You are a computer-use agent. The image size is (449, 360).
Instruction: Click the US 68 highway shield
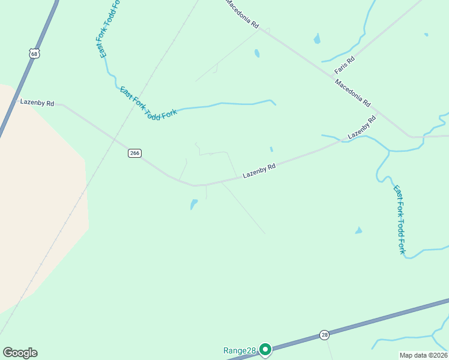click(x=34, y=54)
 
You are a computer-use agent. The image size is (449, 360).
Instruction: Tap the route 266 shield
click(x=134, y=153)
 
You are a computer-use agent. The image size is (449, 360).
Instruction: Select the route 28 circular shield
click(x=324, y=334)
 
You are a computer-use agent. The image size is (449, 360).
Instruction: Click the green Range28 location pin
click(x=265, y=349)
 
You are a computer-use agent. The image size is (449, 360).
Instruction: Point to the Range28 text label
click(x=240, y=350)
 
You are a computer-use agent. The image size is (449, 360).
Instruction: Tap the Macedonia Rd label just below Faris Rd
click(x=353, y=92)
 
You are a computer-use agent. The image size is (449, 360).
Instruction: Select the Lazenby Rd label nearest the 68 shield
click(x=37, y=103)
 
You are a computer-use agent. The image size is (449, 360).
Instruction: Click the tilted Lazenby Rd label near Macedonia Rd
click(x=362, y=127)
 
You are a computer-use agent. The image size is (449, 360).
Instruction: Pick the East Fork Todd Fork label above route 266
click(x=148, y=103)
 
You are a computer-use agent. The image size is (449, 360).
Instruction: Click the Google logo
click(x=20, y=353)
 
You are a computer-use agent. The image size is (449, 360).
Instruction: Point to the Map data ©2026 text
click(x=423, y=355)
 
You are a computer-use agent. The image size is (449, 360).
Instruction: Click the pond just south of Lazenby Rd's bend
click(x=193, y=204)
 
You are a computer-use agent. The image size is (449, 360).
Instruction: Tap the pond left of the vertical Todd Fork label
click(x=358, y=230)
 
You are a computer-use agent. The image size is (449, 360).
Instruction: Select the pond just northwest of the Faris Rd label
click(x=316, y=40)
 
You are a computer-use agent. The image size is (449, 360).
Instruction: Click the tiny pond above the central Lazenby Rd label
click(x=271, y=149)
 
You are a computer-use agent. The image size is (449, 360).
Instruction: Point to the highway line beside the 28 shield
click(x=360, y=325)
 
